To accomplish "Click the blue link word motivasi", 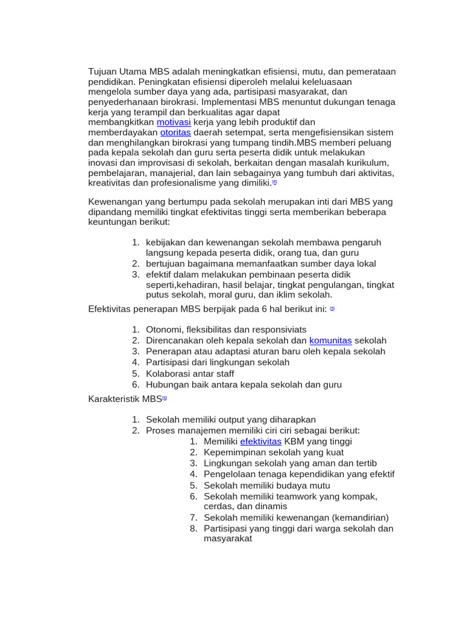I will pos(174,122).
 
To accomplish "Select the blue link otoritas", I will pos(175,132).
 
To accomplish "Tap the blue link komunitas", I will pos(330,340).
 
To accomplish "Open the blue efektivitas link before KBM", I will pos(260,441).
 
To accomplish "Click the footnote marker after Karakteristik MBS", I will pos(165,398).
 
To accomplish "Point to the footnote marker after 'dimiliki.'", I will pos(274,182).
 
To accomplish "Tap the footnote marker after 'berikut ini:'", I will pos(332,308).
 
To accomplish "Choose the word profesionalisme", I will pos(181,183).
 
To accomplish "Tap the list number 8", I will pos(194,528).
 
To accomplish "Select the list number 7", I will pos(194,518).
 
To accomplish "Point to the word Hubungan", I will pos(168,384).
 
